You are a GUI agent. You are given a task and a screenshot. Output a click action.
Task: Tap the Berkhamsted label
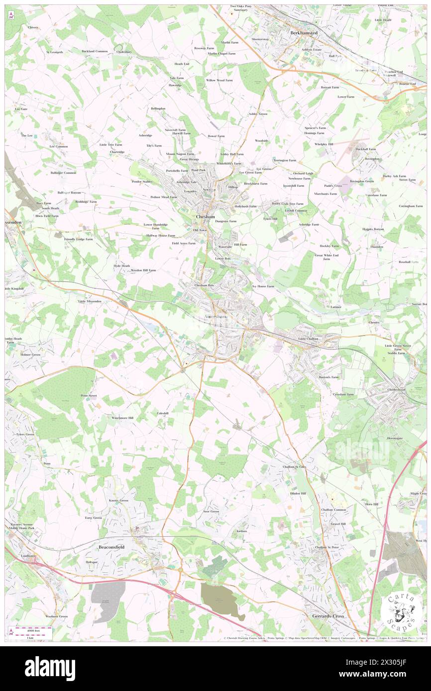(x=304, y=33)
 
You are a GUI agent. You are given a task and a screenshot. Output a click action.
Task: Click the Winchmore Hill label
(x=122, y=418)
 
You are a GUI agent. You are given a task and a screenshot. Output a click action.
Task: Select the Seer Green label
(x=211, y=511)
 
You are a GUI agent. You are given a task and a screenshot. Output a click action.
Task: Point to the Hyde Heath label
(x=121, y=266)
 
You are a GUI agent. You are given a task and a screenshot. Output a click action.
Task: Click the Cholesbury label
(x=123, y=52)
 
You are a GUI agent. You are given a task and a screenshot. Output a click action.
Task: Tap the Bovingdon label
(x=372, y=159)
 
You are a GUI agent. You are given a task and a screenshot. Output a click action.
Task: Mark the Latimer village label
(x=336, y=307)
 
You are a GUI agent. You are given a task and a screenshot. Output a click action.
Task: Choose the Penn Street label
(x=89, y=396)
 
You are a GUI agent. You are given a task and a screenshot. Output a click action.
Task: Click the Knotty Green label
(x=118, y=500)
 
